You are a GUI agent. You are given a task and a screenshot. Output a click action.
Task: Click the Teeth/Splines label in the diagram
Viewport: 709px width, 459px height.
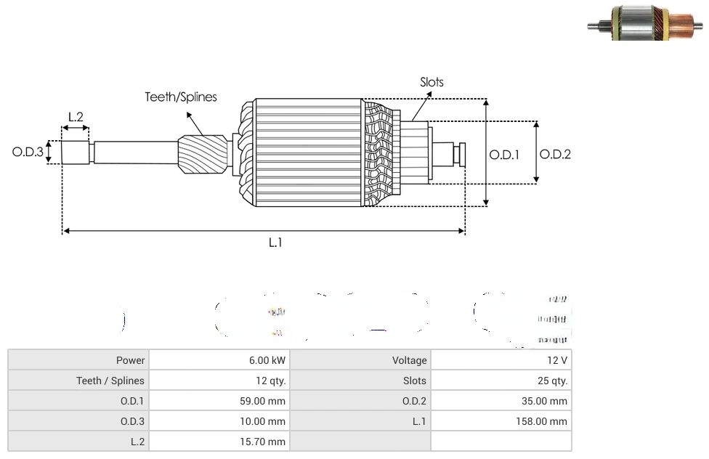(181, 97)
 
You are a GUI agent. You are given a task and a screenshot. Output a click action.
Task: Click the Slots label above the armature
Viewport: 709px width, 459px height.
(432, 82)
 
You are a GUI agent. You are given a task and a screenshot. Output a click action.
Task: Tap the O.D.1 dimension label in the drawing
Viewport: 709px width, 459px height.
(504, 154)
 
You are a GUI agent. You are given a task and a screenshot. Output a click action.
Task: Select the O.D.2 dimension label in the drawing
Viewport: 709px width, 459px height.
(556, 154)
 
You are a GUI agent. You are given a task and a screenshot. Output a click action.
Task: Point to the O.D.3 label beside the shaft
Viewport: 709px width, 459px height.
(28, 153)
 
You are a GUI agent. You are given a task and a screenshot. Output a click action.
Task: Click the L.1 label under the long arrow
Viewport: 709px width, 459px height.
(275, 243)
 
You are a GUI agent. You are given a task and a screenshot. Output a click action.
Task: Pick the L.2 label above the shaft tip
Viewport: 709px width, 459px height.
(76, 117)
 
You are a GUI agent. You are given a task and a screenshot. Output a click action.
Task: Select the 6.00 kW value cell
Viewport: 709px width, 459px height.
(267, 360)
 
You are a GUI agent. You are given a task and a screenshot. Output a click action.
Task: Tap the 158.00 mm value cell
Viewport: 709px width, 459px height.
(541, 421)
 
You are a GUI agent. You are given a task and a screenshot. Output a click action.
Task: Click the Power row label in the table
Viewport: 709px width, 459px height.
(130, 360)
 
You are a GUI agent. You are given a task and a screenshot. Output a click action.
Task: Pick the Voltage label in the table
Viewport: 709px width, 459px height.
(409, 360)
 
